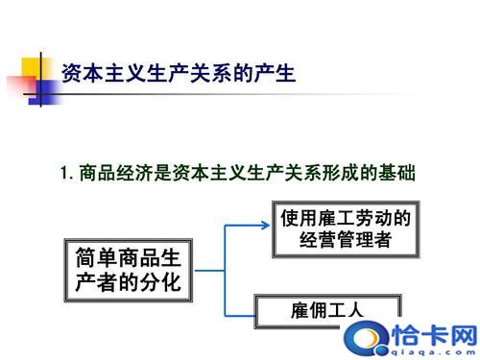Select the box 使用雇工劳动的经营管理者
click(x=345, y=228)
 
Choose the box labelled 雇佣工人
click(x=327, y=309)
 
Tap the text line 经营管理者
click(x=345, y=241)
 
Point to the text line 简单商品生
click(x=128, y=256)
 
